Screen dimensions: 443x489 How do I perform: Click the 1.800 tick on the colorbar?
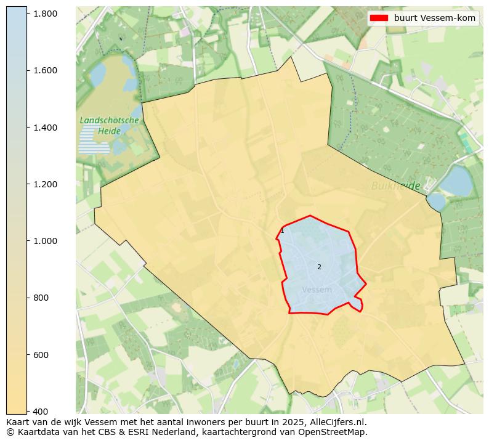45,14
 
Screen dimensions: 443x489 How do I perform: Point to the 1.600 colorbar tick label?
45,70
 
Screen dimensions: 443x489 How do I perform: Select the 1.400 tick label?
45,128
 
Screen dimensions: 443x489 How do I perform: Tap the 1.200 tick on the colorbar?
45,184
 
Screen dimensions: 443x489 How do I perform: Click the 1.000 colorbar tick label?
45,241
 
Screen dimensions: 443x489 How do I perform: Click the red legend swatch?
379,18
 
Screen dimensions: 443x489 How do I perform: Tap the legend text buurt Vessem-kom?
434,18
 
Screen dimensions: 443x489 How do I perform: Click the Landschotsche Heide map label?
109,126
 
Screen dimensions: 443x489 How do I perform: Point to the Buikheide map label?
395,185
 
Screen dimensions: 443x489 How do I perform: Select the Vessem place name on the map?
317,290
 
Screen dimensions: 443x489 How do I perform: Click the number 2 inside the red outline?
319,267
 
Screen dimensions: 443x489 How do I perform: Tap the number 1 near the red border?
282,231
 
